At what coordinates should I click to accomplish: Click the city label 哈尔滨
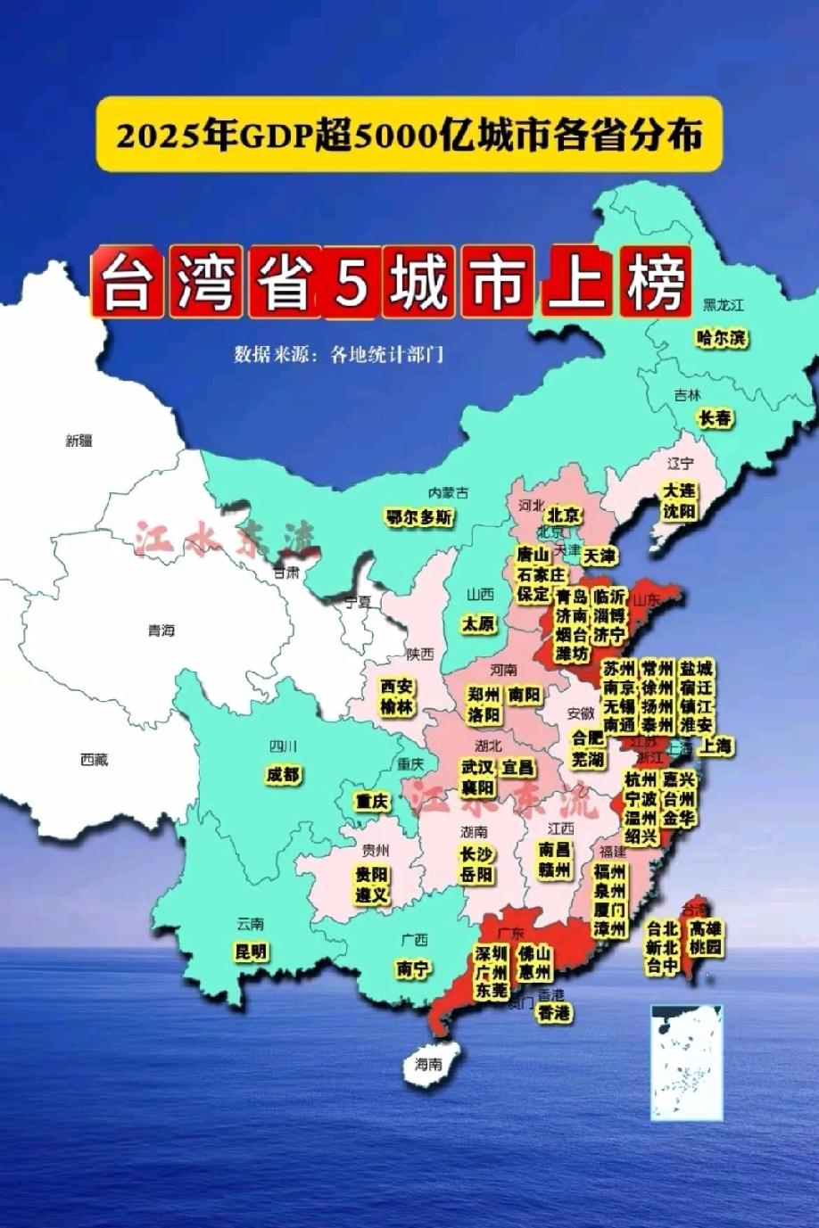pos(723,338)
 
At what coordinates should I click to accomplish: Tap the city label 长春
pos(716,417)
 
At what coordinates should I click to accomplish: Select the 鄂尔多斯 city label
pos(419,517)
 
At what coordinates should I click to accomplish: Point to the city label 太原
pos(479,624)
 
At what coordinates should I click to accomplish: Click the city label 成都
pos(283,774)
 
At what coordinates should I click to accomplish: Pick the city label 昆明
pos(251,952)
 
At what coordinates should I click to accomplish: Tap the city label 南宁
pos(413,968)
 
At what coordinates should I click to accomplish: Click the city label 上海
pos(716,746)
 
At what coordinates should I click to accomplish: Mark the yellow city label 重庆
pos(372,801)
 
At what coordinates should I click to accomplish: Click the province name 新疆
pos(79,440)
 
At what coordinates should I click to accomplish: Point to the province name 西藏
pos(94,760)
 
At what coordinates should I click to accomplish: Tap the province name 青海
pos(161,630)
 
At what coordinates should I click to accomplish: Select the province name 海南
pos(428,1064)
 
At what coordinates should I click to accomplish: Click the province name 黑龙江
pos(723,305)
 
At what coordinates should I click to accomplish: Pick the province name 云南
pos(251,923)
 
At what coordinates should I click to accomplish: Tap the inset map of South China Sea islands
pos(686,1061)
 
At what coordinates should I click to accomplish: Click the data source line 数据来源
pos(338,354)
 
